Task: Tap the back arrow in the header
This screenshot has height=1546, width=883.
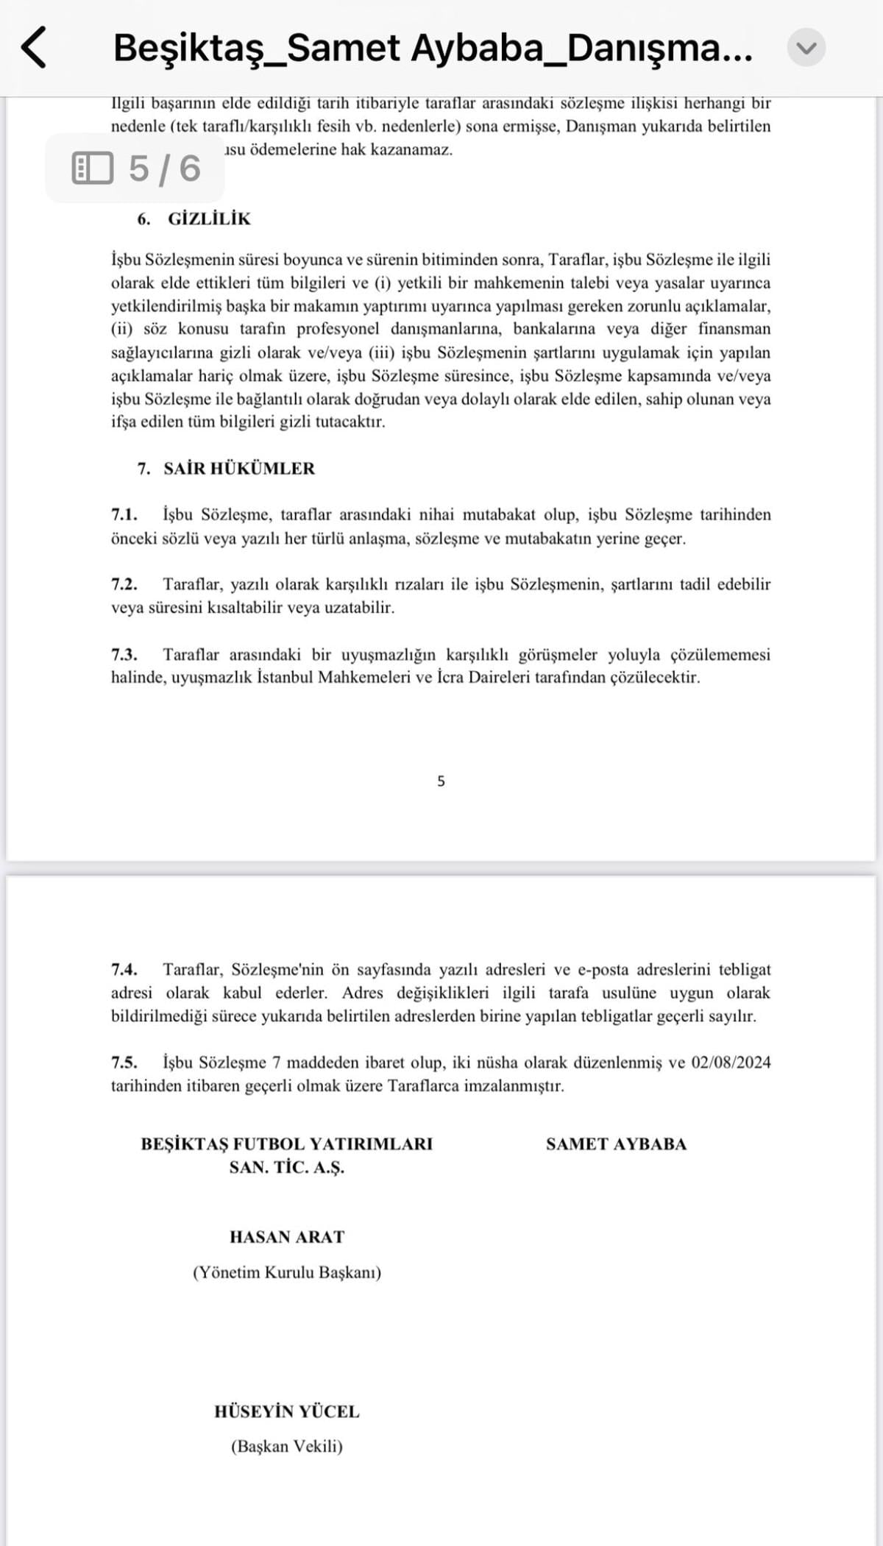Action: pyautogui.click(x=34, y=48)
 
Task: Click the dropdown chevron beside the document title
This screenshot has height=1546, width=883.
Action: pyautogui.click(x=806, y=48)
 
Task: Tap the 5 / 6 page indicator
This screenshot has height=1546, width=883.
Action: pyautogui.click(x=136, y=169)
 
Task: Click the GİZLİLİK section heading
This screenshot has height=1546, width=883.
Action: pyautogui.click(x=209, y=219)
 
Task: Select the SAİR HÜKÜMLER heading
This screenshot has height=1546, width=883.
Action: pyautogui.click(x=239, y=469)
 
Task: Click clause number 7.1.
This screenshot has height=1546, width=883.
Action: pyautogui.click(x=124, y=514)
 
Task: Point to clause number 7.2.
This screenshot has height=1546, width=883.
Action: pyautogui.click(x=124, y=584)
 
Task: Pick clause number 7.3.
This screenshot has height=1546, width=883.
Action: pyautogui.click(x=124, y=654)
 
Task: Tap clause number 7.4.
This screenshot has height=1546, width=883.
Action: pyautogui.click(x=124, y=969)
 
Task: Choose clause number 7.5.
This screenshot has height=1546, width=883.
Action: pyautogui.click(x=124, y=1063)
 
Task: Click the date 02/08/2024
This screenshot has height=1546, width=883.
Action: pyautogui.click(x=731, y=1063)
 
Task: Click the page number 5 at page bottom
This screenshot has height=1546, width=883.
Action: pyautogui.click(x=441, y=781)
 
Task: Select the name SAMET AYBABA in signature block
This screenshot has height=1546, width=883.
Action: pyautogui.click(x=616, y=1144)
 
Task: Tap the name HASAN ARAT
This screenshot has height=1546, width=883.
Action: pyautogui.click(x=287, y=1237)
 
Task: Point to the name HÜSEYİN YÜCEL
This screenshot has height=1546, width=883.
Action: pyautogui.click(x=287, y=1411)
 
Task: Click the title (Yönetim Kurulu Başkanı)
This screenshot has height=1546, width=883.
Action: pyautogui.click(x=287, y=1272)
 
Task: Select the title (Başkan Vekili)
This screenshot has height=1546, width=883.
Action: pyautogui.click(x=287, y=1446)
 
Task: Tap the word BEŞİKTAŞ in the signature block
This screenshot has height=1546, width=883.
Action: pyautogui.click(x=184, y=1144)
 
